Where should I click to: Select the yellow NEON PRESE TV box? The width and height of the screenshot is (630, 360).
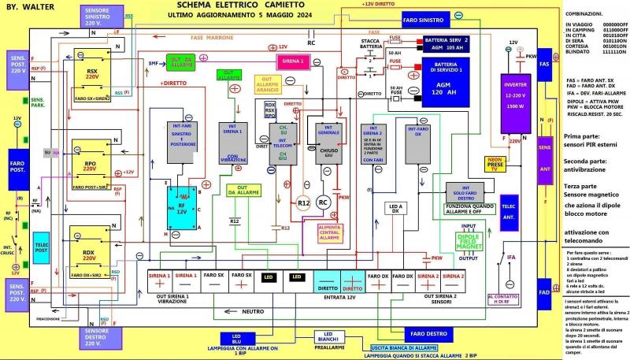tap(495, 163)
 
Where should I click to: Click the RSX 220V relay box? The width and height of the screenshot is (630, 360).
tap(92, 76)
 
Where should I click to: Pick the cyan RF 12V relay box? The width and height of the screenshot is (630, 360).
tap(183, 212)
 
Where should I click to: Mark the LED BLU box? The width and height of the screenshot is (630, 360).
tap(236, 338)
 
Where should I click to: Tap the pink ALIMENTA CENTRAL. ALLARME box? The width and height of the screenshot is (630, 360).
tap(339, 232)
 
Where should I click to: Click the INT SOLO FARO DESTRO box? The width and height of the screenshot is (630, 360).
tap(468, 194)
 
